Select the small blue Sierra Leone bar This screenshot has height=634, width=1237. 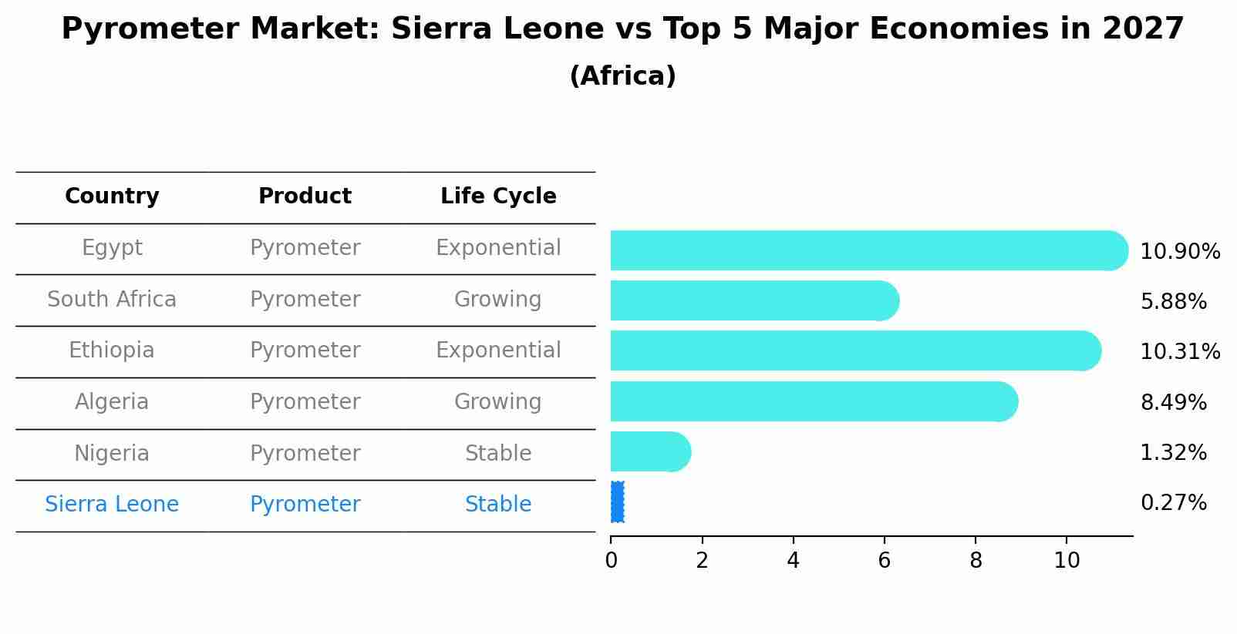(617, 502)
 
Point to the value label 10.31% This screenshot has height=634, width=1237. (1179, 352)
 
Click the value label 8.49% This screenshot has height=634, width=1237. (1173, 402)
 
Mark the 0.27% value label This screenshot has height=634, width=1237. (1173, 503)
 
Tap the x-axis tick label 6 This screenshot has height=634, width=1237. (884, 561)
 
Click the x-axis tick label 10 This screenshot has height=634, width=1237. (1067, 561)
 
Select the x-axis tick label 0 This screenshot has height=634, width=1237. (611, 561)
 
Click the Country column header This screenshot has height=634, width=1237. (112, 196)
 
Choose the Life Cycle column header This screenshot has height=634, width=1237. (498, 196)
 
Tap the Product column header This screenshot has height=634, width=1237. (305, 196)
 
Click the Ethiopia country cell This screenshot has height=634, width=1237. (112, 351)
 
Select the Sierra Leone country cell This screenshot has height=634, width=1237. (112, 505)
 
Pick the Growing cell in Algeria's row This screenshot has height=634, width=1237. (497, 402)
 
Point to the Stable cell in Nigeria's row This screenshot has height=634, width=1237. (497, 453)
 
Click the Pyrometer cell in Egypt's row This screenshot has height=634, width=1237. (305, 248)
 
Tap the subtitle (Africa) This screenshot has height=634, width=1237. (622, 76)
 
